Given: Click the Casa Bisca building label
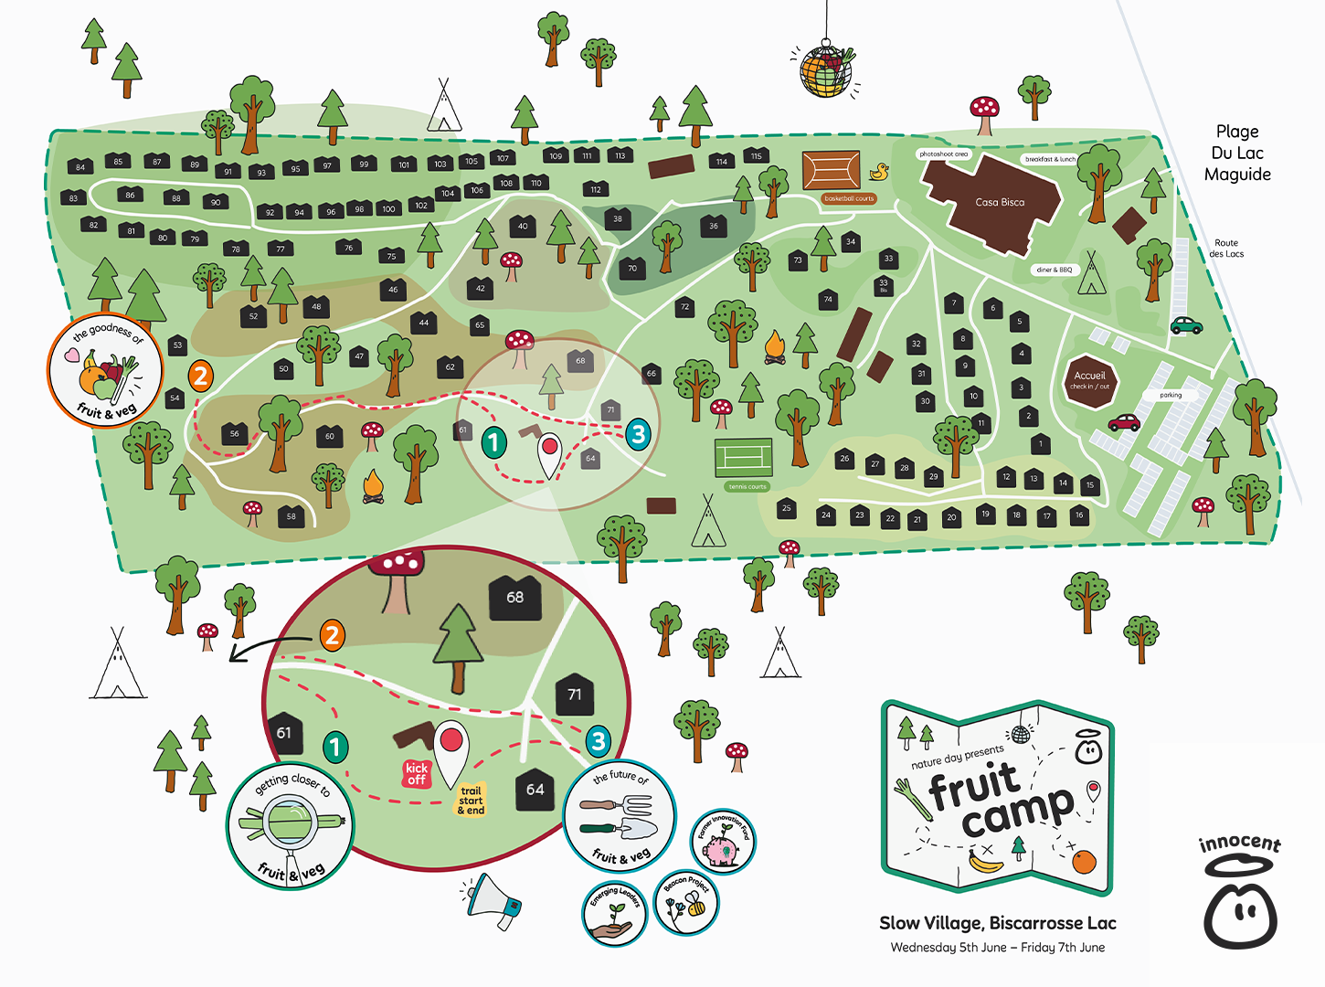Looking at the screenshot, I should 1000,202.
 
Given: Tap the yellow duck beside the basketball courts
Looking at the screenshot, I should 879,171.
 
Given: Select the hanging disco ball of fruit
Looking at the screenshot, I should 826,70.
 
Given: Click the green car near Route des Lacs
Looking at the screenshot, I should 1186,324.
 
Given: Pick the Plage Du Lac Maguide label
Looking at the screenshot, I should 1237,153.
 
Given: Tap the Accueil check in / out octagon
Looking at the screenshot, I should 1090,379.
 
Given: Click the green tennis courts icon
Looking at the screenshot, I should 743,456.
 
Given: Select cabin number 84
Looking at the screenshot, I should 80,166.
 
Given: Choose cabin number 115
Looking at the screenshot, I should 756,155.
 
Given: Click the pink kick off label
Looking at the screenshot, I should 417,773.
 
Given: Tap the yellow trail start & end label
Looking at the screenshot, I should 471,801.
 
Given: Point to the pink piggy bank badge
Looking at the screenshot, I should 723,842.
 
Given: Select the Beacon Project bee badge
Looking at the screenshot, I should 687,902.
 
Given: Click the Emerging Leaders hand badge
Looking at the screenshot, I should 615,913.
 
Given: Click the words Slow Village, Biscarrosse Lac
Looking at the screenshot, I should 997,923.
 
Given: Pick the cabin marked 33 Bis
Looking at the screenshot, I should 884,285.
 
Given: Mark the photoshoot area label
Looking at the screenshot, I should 943,154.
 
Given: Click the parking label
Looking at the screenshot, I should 1171,395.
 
